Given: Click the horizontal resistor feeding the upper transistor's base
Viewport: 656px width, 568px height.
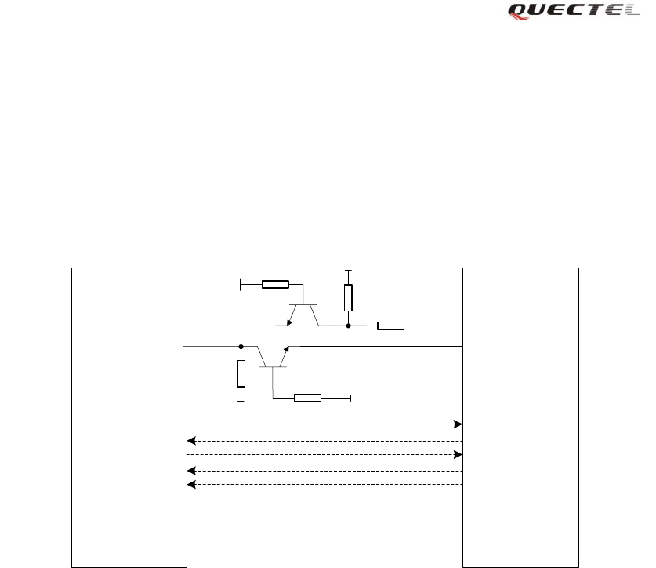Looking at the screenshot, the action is coord(275,284).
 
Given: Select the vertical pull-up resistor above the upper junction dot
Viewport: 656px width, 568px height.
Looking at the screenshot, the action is coord(348,297).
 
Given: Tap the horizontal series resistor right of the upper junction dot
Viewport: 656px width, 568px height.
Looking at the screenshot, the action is coord(390,326).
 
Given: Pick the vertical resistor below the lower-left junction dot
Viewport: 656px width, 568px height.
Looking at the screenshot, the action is coord(241,373).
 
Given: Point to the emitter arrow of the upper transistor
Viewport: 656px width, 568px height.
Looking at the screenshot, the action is coord(290,321).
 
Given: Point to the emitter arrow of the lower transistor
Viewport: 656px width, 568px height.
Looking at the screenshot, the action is coord(287,350).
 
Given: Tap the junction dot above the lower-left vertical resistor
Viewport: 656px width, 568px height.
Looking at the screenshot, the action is coord(241,346).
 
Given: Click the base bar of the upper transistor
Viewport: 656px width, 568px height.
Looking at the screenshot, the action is coord(302,304).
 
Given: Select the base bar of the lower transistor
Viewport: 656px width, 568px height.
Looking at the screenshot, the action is coord(273,366).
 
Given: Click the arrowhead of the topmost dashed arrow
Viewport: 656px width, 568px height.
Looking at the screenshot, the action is coord(458,424).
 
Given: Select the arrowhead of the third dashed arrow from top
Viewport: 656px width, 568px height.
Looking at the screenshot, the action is coord(458,455).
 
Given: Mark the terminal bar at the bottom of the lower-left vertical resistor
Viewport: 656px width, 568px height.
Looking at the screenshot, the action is coord(241,401).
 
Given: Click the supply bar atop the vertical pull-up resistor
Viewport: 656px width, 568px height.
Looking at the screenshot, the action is coord(348,271).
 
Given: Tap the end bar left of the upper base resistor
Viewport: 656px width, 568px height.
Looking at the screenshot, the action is coord(240,284).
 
